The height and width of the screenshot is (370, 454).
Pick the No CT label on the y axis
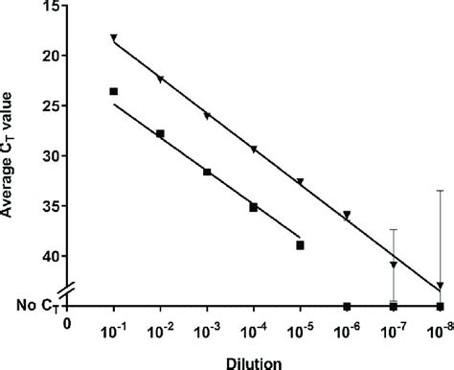tap(30, 307)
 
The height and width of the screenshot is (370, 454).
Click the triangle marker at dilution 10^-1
tap(114, 38)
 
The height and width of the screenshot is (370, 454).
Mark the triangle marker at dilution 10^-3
tap(207, 116)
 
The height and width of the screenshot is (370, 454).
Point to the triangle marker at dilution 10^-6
tap(347, 216)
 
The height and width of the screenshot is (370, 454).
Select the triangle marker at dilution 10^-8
tap(440, 286)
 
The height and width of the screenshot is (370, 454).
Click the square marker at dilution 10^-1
tap(114, 91)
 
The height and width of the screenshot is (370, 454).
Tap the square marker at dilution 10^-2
tap(160, 133)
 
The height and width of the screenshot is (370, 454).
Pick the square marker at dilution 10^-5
tap(300, 245)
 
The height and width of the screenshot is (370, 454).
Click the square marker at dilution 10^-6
tap(347, 306)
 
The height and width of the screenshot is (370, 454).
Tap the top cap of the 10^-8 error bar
tap(440, 191)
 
